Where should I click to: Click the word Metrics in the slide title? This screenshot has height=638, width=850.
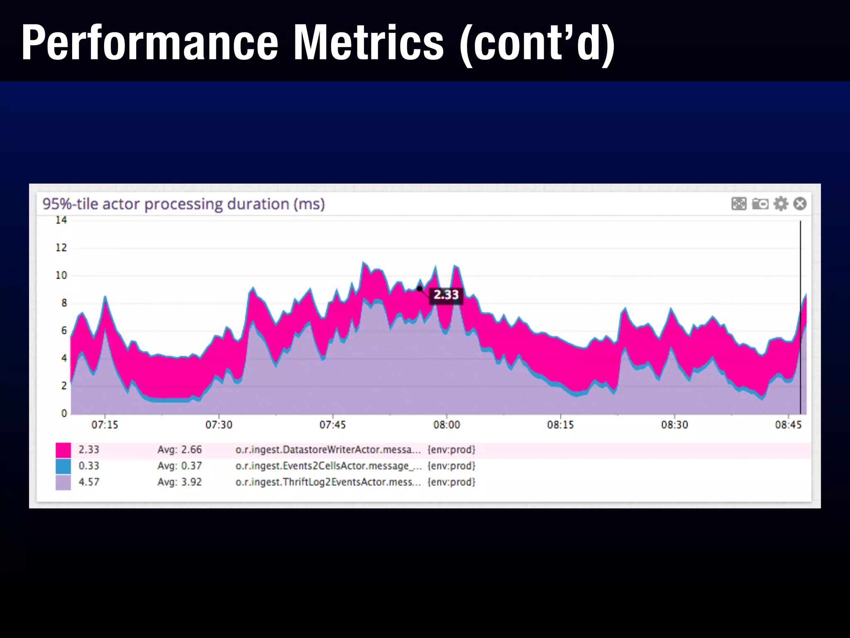[x=369, y=43]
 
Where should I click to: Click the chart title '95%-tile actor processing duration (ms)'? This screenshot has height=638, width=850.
[x=183, y=204]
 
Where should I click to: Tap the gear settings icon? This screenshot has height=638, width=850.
[x=781, y=204]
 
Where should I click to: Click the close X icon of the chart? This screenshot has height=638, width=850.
[x=800, y=204]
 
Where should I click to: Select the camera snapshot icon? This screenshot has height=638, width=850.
[x=760, y=204]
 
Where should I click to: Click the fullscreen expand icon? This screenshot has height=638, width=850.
[x=739, y=204]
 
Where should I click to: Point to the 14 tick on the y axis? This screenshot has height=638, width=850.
[x=61, y=220]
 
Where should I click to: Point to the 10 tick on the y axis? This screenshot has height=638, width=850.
[x=61, y=275]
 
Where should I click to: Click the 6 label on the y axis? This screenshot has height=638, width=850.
[x=64, y=331]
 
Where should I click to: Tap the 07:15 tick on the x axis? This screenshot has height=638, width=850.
[x=105, y=425]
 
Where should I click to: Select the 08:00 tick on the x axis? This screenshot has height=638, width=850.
[x=447, y=425]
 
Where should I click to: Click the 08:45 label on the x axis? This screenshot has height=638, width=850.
[x=788, y=425]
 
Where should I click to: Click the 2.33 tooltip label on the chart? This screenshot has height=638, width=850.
[x=446, y=295]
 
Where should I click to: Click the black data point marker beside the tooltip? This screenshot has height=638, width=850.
[x=420, y=289]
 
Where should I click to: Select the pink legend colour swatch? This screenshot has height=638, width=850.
[x=63, y=450]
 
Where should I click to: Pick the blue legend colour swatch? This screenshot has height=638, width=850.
[x=63, y=466]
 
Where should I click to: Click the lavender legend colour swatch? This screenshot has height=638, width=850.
[x=63, y=482]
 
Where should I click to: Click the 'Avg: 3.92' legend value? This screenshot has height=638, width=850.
[x=179, y=482]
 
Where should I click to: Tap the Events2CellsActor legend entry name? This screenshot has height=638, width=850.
[x=328, y=466]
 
